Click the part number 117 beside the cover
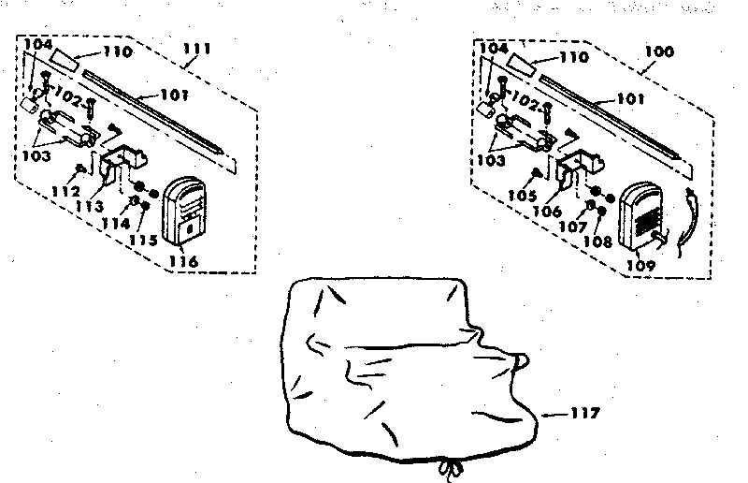584,412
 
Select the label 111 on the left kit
197,49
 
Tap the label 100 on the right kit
659,51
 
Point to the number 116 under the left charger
183,261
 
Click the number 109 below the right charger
640,265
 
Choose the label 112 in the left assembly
65,192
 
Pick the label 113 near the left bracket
89,206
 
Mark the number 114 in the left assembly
116,223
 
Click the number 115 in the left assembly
144,240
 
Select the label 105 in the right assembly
522,196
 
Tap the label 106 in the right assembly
547,211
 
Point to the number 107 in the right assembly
572,226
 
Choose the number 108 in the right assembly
597,241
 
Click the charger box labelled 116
184,211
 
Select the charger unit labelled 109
641,216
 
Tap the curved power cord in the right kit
690,221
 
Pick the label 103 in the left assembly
36,155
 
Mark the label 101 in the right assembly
630,99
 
